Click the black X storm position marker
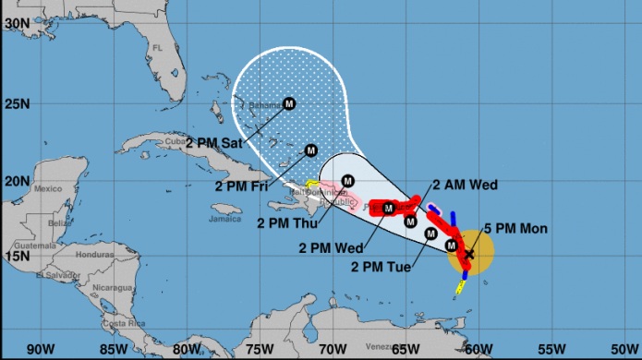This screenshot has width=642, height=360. [469, 252]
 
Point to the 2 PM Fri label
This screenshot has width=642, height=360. [244, 186]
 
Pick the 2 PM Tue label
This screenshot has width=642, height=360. [381, 267]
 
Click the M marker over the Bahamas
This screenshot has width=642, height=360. [288, 103]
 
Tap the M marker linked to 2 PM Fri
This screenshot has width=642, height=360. [311, 150]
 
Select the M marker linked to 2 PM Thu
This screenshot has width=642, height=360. [348, 181]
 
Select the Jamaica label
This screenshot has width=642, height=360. [225, 219]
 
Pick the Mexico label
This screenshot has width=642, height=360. [47, 188]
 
